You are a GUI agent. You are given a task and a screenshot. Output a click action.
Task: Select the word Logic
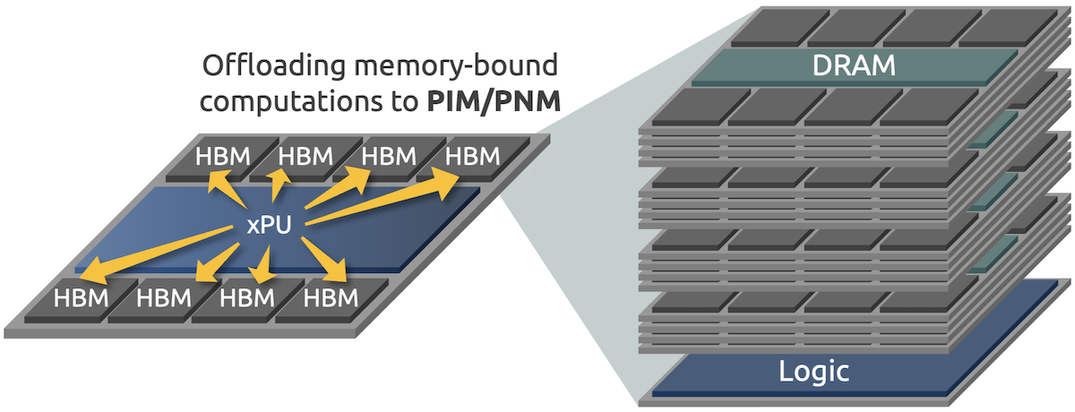tap(814, 371)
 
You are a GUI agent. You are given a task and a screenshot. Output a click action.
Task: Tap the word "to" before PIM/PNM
tap(402, 101)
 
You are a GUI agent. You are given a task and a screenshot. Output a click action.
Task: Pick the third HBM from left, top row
tap(388, 157)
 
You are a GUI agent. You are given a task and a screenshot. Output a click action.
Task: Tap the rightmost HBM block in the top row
tap(472, 157)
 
